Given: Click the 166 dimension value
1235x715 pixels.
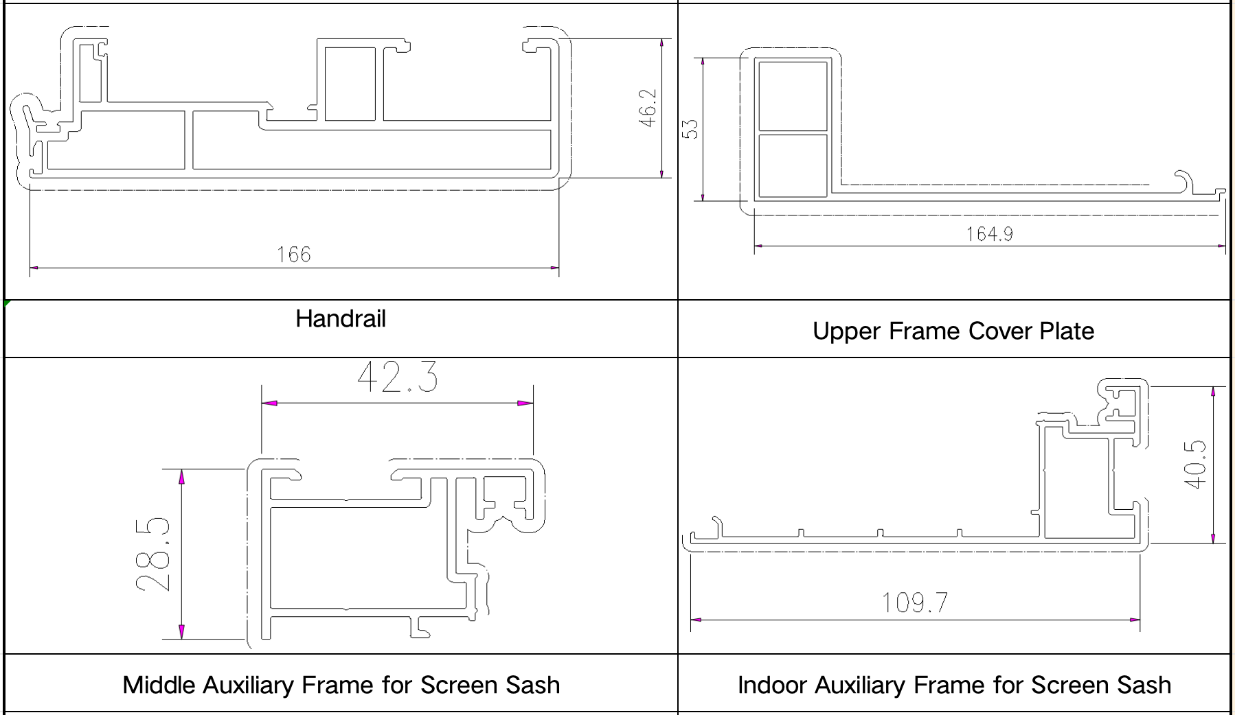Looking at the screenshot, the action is click(x=293, y=255).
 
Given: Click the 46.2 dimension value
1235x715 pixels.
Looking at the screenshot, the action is click(x=648, y=107).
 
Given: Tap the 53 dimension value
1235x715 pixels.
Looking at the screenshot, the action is click(x=690, y=129).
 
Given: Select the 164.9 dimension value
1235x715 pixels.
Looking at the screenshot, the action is click(x=989, y=234).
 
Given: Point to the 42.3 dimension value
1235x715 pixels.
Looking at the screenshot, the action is click(x=397, y=377).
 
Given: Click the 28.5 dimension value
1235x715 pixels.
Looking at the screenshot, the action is click(x=152, y=554).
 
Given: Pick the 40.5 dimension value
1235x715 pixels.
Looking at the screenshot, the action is click(x=1195, y=464).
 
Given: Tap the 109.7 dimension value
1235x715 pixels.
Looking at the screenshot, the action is click(x=914, y=602).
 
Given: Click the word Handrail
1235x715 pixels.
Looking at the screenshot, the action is click(x=341, y=318).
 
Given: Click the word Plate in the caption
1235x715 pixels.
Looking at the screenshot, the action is click(x=1067, y=331).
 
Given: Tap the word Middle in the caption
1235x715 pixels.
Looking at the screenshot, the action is click(x=159, y=685).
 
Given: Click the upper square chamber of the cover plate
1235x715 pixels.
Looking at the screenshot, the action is click(x=792, y=95).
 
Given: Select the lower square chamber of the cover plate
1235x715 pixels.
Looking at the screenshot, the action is click(x=792, y=165).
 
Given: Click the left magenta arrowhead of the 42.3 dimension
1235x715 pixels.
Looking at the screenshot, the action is click(x=269, y=403).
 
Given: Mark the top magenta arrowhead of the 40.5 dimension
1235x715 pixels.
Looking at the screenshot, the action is click(x=1214, y=393).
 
